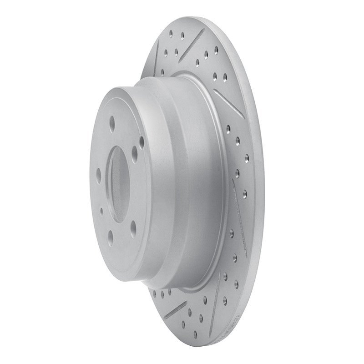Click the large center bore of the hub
[x=118, y=185]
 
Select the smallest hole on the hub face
[x=101, y=211]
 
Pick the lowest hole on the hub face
[x=111, y=238]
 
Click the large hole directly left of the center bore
[x=99, y=176]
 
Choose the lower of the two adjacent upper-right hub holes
[x=135, y=154]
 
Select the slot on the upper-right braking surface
[x=229, y=103]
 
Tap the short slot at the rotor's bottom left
[x=176, y=309]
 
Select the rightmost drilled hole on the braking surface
[x=247, y=158]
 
